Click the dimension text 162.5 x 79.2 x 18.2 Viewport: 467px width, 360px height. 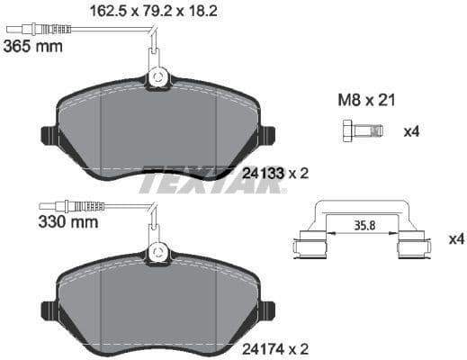155,12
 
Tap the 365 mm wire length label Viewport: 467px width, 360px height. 33,46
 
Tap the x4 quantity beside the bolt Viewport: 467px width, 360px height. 411,132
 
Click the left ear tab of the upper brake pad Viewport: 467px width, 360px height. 48,136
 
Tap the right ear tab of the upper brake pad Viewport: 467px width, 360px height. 267,136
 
